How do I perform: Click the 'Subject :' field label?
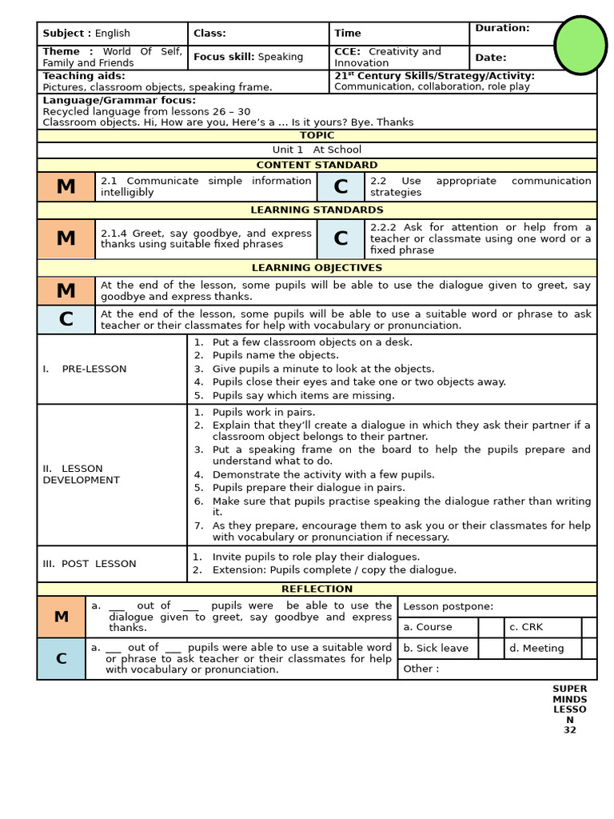(67, 34)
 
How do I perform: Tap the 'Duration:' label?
(502, 28)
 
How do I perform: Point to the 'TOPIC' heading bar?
(317, 136)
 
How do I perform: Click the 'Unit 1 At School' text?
(317, 150)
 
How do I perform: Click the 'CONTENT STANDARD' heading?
(317, 165)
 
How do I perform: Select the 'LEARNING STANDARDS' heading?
(317, 210)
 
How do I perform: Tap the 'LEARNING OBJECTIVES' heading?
(317, 268)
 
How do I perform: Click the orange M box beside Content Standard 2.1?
(66, 186)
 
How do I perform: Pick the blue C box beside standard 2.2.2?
(341, 238)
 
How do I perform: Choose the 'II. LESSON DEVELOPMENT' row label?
(81, 474)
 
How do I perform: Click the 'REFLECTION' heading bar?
(317, 589)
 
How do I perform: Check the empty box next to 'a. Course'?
(491, 627)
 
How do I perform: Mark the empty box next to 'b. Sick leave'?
(491, 648)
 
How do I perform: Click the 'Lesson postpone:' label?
(448, 606)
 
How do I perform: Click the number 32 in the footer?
(569, 729)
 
